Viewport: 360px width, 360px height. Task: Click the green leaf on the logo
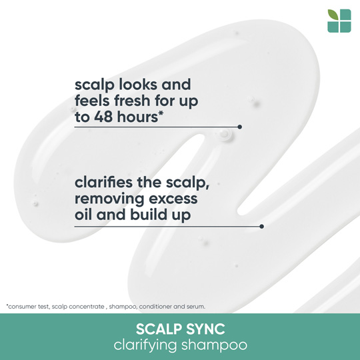333,15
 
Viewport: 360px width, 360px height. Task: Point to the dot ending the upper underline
240,127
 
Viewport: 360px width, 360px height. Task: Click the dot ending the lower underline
261,227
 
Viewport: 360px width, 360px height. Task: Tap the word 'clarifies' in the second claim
103,182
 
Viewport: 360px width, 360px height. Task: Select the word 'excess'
173,199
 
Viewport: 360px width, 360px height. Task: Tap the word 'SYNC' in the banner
205,329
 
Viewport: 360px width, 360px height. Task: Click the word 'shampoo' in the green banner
214,345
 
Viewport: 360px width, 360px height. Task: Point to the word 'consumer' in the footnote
20,307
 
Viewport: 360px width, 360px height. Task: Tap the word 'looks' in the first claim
138,84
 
